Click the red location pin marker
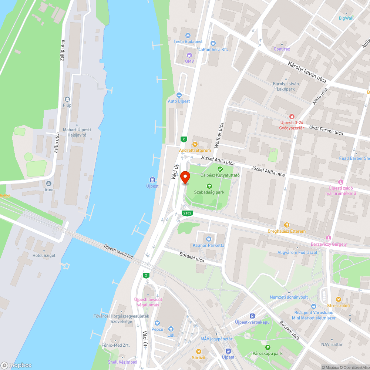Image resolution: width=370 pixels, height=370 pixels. [185, 178]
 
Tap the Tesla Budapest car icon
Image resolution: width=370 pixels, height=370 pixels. [188, 35]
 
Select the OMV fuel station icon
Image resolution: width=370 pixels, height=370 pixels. [189, 55]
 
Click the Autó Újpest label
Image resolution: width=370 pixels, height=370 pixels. [179, 101]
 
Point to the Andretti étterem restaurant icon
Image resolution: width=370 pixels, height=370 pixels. [195, 144]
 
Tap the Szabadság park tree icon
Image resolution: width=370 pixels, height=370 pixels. [209, 186]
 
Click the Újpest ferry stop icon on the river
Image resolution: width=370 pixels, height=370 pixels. [152, 180]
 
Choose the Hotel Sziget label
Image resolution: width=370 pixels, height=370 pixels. [44, 256]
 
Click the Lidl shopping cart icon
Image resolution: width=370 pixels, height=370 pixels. [171, 329]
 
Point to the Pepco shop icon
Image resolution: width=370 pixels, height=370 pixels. [157, 323]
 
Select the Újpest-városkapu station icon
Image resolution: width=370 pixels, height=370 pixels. [252, 316]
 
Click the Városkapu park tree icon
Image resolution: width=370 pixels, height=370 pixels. [268, 347]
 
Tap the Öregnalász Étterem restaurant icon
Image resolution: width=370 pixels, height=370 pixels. [286, 225]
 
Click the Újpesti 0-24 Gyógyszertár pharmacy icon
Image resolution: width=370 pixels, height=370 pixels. [292, 116]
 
